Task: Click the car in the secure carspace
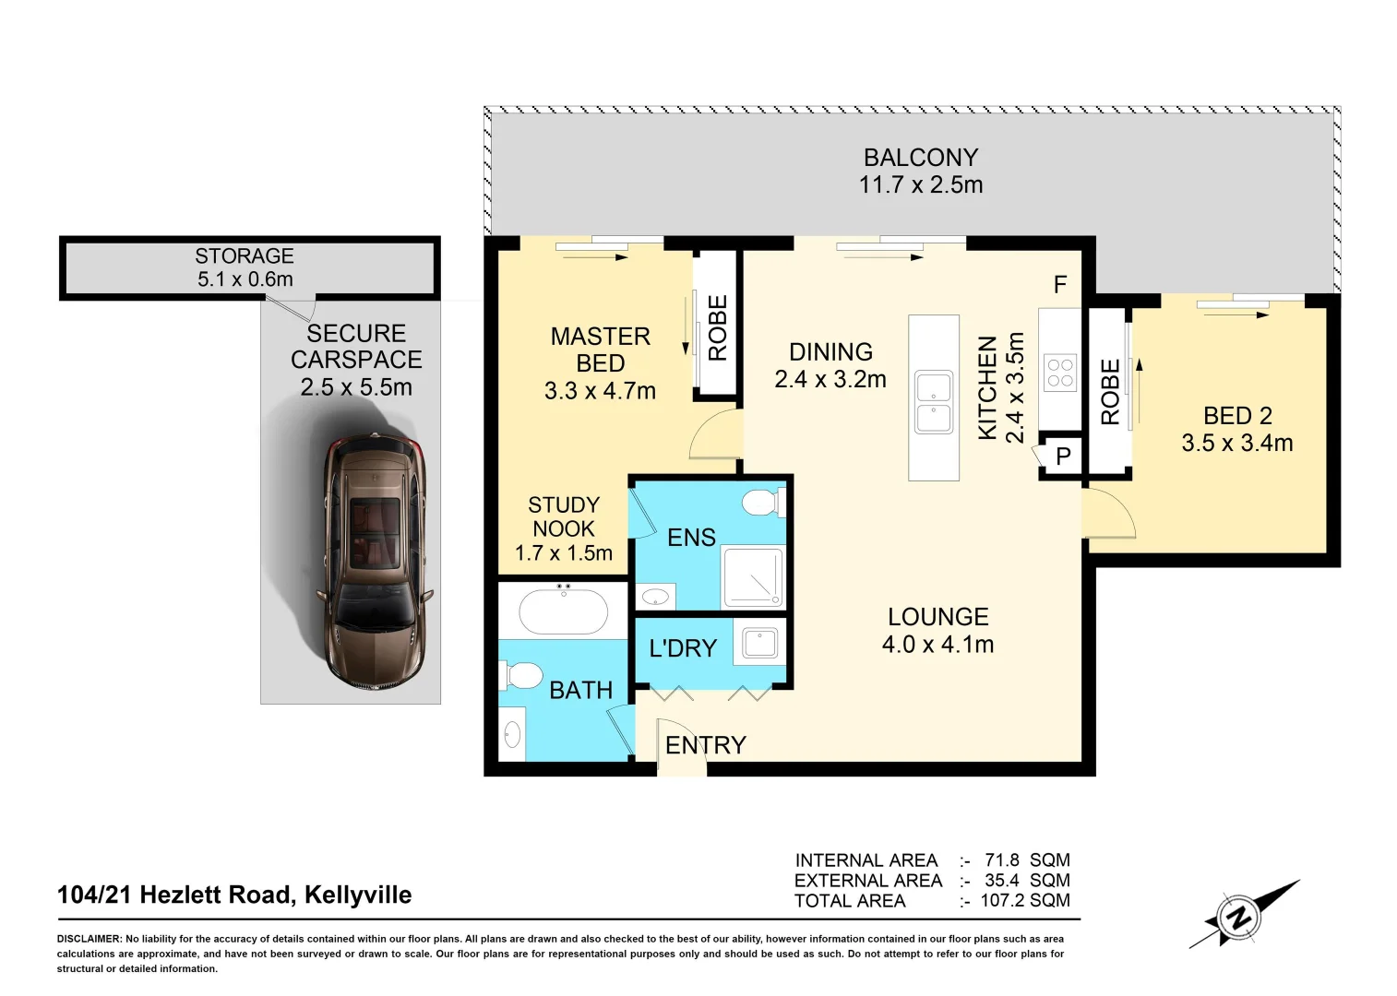[x=374, y=561]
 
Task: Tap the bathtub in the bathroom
[x=564, y=611]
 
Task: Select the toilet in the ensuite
[x=762, y=503]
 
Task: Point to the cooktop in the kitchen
[x=1060, y=373]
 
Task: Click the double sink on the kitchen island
[x=934, y=402]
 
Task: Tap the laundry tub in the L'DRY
[x=760, y=642]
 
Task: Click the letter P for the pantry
[x=1063, y=456]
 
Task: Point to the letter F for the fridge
[x=1060, y=285]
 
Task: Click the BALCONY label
[x=920, y=158]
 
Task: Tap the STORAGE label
[x=245, y=255]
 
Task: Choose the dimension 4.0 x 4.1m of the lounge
[x=937, y=645]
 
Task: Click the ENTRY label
[x=706, y=745]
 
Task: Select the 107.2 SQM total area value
[x=1024, y=900]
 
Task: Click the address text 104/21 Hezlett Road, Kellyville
[x=234, y=895]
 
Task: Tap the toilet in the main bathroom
[x=522, y=676]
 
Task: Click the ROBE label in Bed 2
[x=1110, y=392]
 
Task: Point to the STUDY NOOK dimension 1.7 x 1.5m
[x=563, y=553]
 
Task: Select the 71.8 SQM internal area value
[x=1026, y=860]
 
